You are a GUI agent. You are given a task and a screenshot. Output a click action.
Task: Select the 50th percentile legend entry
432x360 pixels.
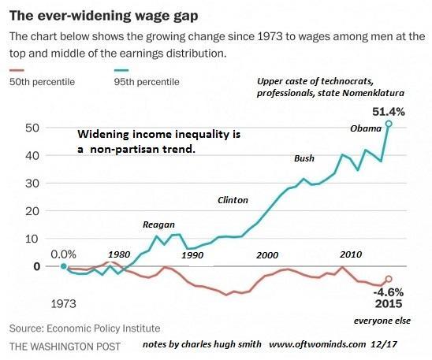pos(39,82)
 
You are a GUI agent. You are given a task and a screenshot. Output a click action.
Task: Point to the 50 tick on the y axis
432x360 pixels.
pos(32,128)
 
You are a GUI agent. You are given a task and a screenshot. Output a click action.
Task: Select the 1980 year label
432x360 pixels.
pos(120,254)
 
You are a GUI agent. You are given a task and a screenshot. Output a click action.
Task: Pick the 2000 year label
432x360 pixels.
pos(267,255)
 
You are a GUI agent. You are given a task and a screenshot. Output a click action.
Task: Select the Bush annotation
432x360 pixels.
pos(304,158)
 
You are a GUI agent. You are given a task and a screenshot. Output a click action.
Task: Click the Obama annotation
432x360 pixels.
pos(365,129)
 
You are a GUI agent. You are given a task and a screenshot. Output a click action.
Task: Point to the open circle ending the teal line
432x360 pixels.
pos(388,124)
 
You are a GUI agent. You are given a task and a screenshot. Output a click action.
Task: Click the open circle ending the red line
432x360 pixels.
pos(388,279)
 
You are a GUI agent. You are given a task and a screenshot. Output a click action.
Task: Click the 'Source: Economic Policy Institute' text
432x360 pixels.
pos(84,328)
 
